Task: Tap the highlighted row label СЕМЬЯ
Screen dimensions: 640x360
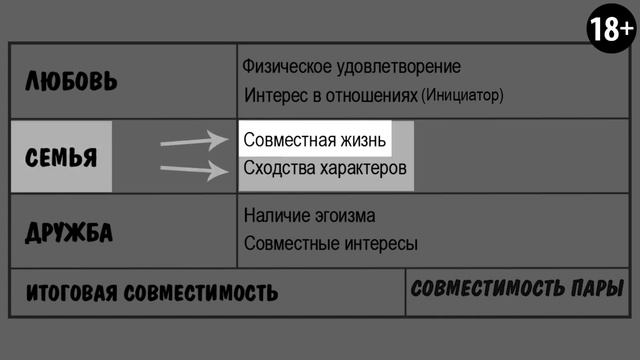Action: coord(61,158)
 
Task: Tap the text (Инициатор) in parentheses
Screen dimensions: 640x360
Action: coord(462,97)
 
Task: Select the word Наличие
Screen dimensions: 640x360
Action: coord(275,215)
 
